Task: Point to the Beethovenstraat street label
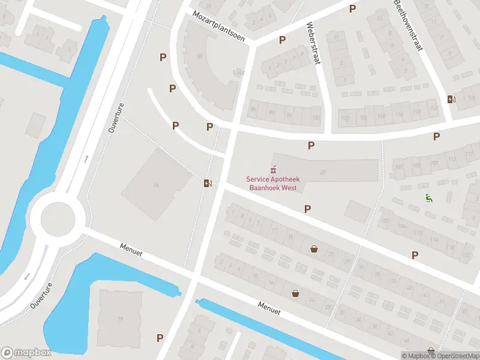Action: (409, 25)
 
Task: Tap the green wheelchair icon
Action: (429, 198)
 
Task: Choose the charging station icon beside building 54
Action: (208, 183)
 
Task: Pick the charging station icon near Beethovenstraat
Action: (451, 99)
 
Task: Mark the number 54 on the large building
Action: (156, 185)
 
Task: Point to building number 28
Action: (323, 173)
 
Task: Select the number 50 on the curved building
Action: (199, 56)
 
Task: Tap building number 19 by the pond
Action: (120, 319)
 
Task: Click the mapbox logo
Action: (26, 353)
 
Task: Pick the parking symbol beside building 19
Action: (160, 338)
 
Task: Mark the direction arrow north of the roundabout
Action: (86, 159)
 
